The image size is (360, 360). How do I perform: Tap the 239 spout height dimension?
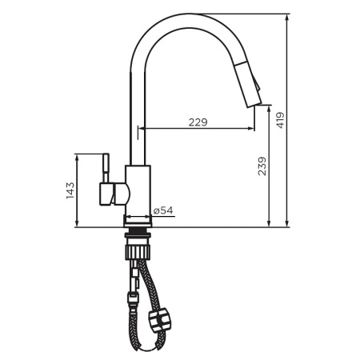(x=261, y=166)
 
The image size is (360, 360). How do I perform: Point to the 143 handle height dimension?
(x=70, y=190)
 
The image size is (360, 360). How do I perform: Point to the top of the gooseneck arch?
(x=192, y=18)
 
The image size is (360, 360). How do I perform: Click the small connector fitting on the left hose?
(x=129, y=302)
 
